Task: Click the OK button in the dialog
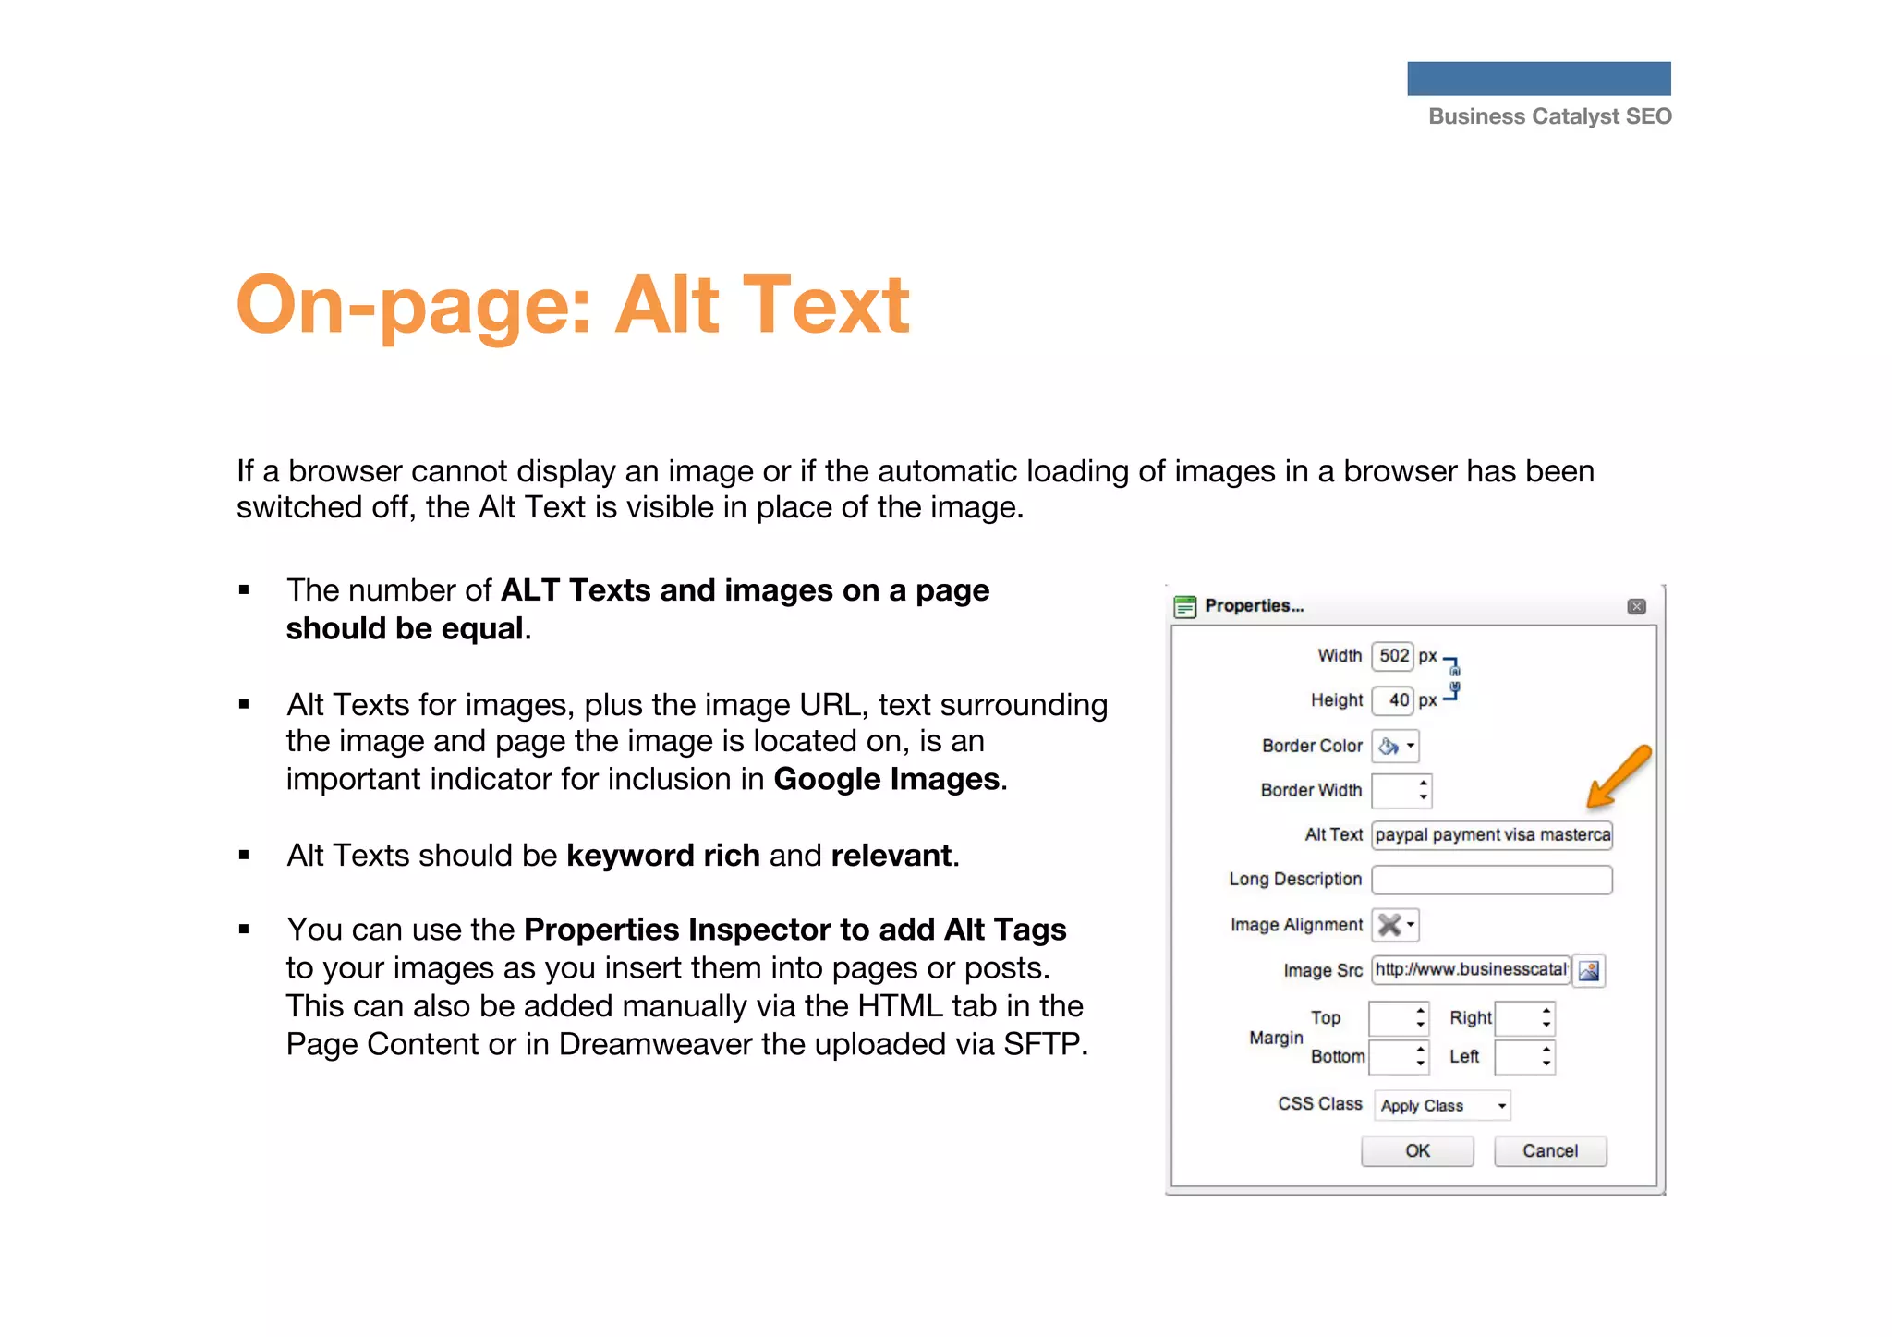coord(1417,1151)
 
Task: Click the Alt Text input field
coord(1492,835)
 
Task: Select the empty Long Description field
coord(1492,880)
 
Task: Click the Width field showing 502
coord(1393,656)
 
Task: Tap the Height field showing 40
coord(1393,700)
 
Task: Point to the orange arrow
coord(1618,776)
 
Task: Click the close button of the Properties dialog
coord(1637,607)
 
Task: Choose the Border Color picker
coord(1396,747)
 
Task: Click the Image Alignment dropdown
coord(1395,925)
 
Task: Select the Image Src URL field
coord(1471,970)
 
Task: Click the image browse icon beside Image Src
coord(1589,971)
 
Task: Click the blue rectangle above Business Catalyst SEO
coord(1539,79)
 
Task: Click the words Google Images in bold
coord(887,780)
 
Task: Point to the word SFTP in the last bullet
coord(1041,1045)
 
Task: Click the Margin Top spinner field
coord(1399,1019)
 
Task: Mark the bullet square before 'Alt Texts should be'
coord(244,856)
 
